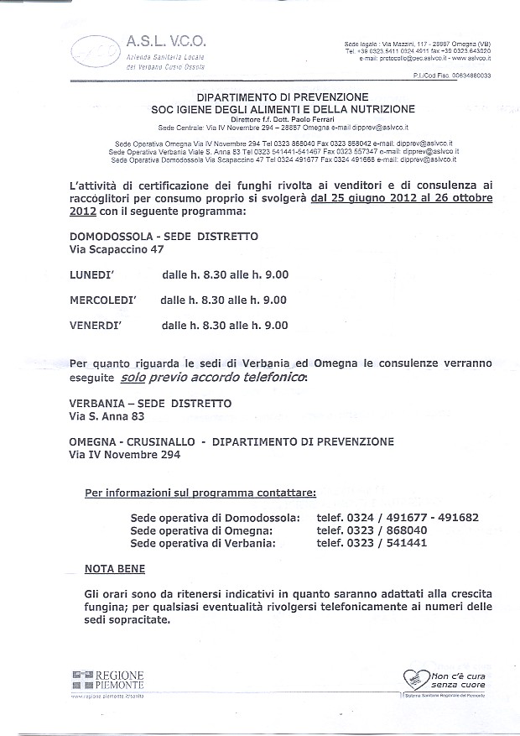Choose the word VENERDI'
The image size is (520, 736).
click(x=99, y=326)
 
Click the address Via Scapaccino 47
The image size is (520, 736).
click(x=116, y=249)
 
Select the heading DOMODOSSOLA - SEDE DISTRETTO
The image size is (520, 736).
click(x=164, y=237)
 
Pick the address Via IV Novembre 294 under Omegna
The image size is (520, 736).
click(x=123, y=455)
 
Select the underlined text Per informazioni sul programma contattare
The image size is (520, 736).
click(x=200, y=492)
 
